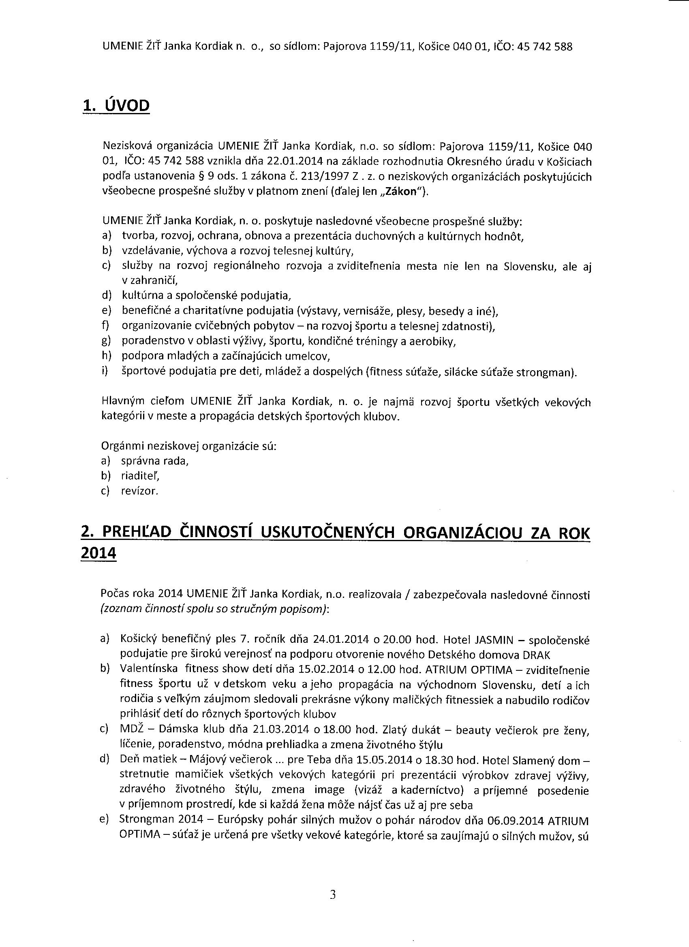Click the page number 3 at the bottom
point(333,894)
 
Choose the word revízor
point(139,491)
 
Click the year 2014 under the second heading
point(98,554)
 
